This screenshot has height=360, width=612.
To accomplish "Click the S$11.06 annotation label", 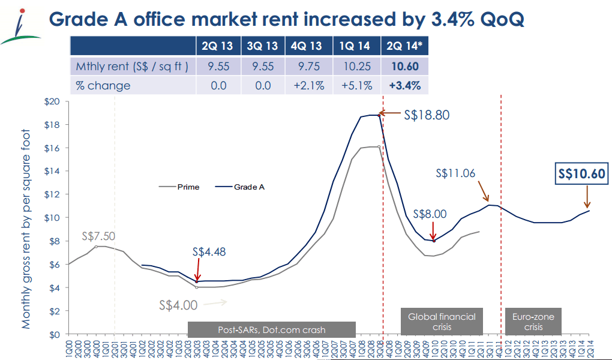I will pyautogui.click(x=455, y=173).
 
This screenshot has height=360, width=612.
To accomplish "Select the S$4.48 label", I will pyautogui.click(x=209, y=252).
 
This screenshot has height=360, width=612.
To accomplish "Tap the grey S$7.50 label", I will pyautogui.click(x=99, y=236).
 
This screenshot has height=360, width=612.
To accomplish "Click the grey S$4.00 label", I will pyautogui.click(x=178, y=305).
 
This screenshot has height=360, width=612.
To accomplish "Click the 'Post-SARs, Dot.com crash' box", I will pyautogui.click(x=271, y=329).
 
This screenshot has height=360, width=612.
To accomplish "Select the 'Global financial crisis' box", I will pyautogui.click(x=442, y=322).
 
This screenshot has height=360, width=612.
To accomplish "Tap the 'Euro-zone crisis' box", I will pyautogui.click(x=533, y=322).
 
